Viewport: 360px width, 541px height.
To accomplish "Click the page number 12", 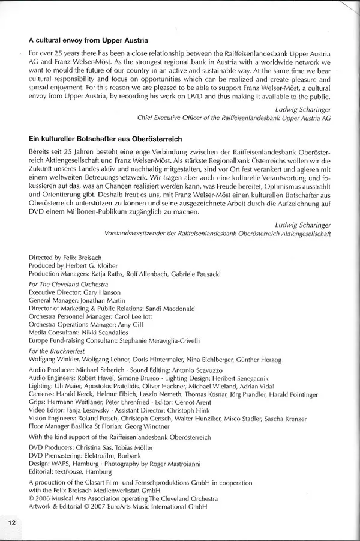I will (11, 522).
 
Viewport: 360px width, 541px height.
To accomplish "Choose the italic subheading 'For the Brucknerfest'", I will (57, 351).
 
